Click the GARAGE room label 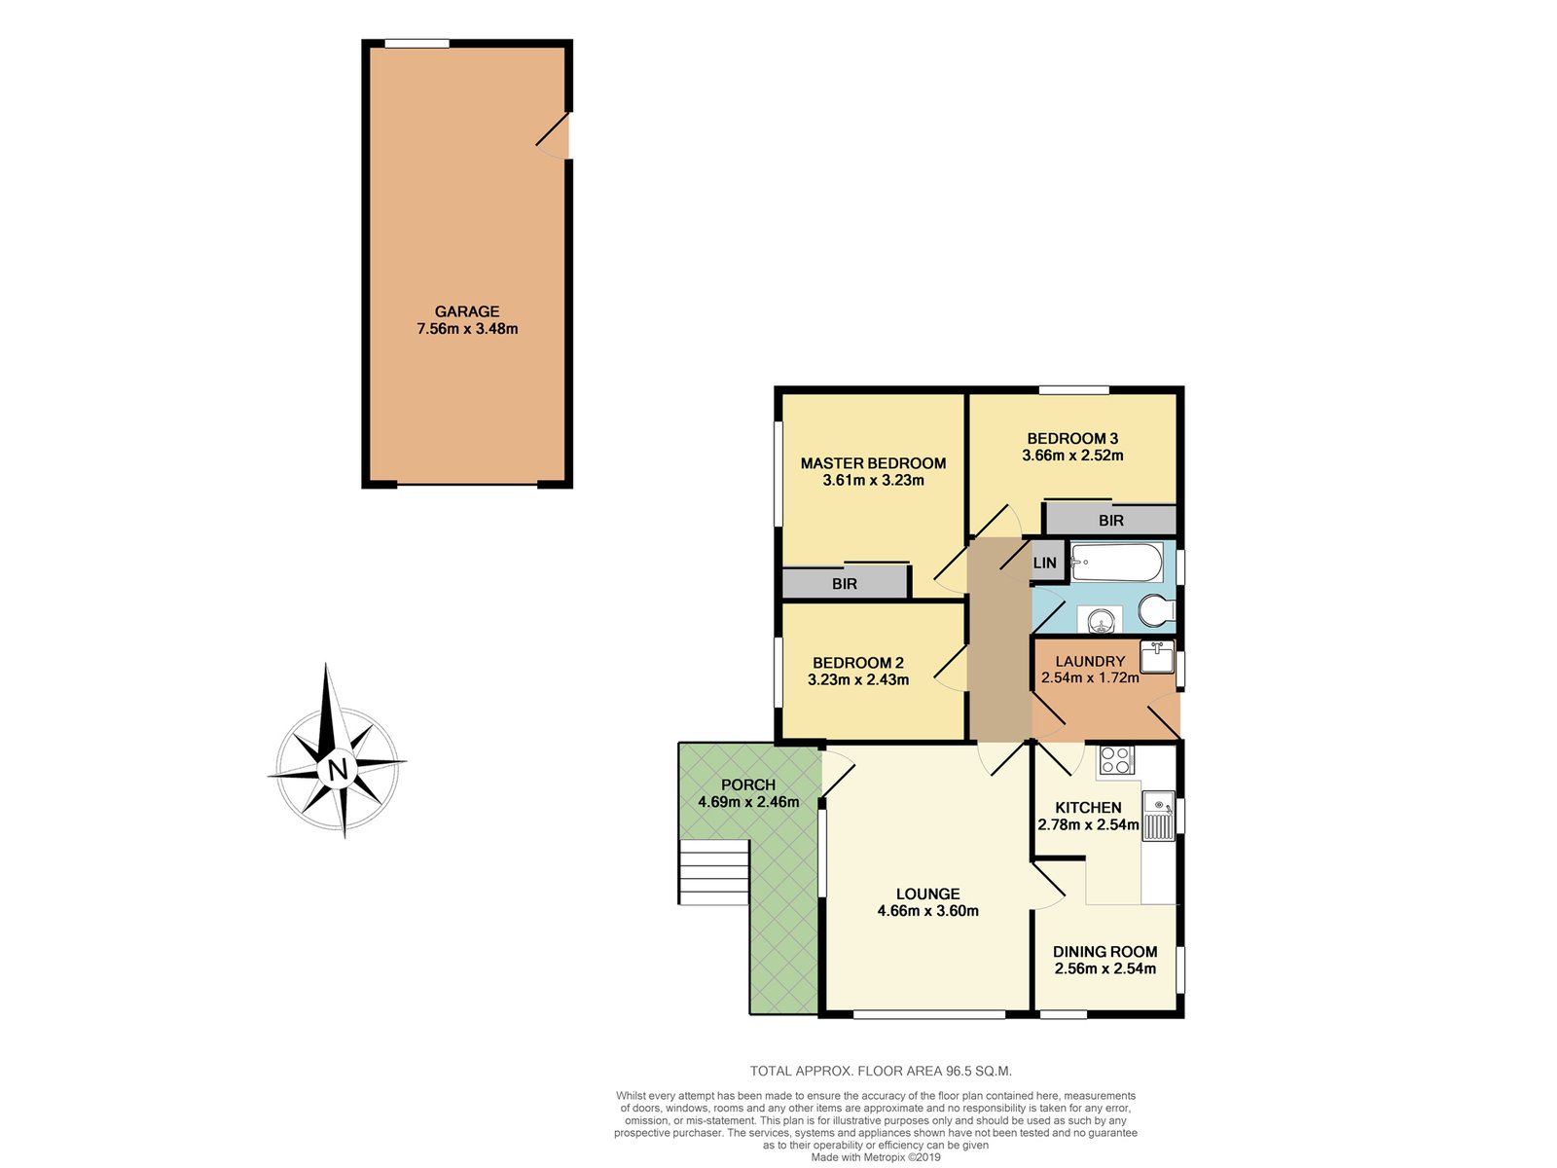[467, 311]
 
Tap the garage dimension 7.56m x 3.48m [467, 329]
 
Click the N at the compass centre [339, 770]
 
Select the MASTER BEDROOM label [873, 463]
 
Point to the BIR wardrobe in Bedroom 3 [1111, 520]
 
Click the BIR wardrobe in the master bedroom [845, 583]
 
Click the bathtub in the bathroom [1116, 564]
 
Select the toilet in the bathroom [1157, 611]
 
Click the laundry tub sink [1157, 657]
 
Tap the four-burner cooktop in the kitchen [1116, 760]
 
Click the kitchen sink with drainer [1158, 817]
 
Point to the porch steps [714, 872]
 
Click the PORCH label [748, 785]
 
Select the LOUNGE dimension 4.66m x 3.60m [927, 911]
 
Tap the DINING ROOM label [1105, 952]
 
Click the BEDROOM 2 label [858, 663]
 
